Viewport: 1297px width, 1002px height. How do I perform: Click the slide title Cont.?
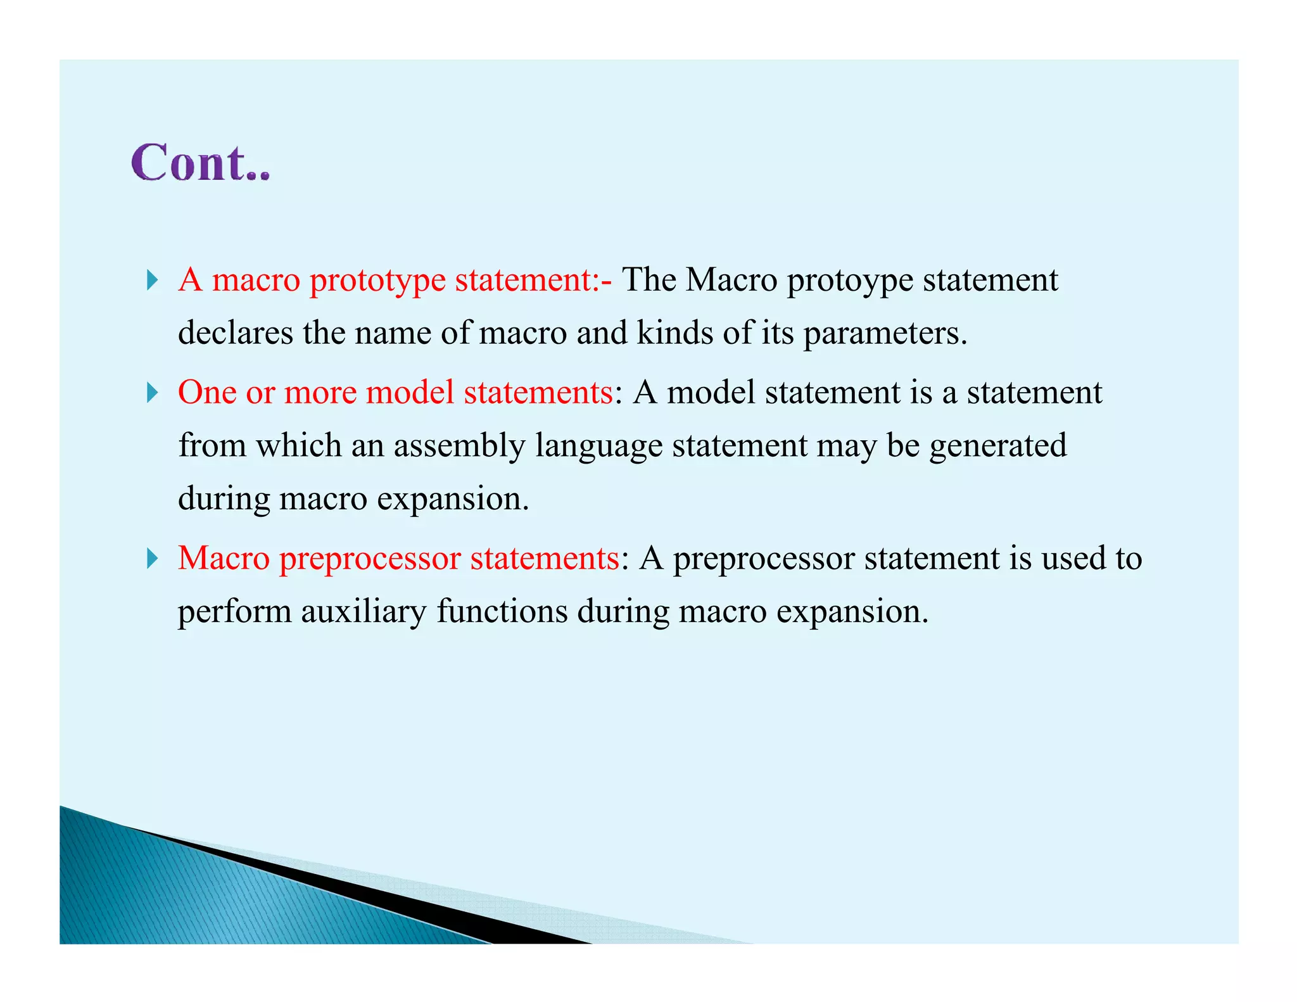[x=200, y=163]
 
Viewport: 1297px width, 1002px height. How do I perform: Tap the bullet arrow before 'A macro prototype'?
[x=152, y=279]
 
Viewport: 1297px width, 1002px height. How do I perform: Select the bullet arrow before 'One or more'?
[x=152, y=392]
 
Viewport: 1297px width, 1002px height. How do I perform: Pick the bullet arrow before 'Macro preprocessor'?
[x=152, y=558]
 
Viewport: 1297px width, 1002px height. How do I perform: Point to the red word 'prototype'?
[x=377, y=281]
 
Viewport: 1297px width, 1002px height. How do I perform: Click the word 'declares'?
[x=235, y=333]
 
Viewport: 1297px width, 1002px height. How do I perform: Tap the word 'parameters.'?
[x=885, y=334]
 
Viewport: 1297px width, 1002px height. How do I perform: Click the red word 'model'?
[x=410, y=392]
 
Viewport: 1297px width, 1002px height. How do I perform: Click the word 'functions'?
[x=502, y=611]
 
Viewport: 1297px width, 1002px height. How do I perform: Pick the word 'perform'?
[x=234, y=612]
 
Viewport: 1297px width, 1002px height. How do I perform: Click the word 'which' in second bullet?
[x=298, y=445]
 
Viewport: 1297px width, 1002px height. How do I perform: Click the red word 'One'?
[x=207, y=392]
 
